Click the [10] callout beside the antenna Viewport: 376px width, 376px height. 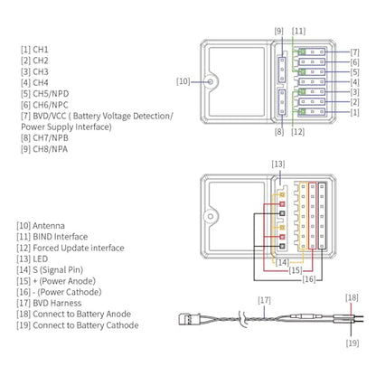tap(183, 81)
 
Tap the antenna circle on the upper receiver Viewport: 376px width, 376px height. tap(211, 81)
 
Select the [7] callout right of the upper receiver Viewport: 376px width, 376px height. tap(355, 52)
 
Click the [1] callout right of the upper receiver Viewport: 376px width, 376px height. tap(355, 112)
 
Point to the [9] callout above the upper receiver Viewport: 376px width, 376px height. tap(279, 31)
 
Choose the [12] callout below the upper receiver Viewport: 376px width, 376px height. tap(297, 132)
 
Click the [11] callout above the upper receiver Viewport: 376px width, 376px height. tap(298, 31)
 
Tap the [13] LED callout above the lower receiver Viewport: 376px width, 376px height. tap(278, 164)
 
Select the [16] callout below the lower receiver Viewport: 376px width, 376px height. tap(309, 279)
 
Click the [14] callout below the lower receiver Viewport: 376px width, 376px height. tap(282, 262)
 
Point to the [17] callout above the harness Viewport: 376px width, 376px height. tap(264, 300)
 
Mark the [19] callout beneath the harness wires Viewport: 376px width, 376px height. tap(352, 343)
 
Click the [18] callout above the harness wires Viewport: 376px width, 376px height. tap(352, 297)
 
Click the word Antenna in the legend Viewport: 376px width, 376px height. tap(49, 226)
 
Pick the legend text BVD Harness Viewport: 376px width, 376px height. tap(57, 303)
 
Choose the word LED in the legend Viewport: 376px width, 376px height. tap(41, 258)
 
